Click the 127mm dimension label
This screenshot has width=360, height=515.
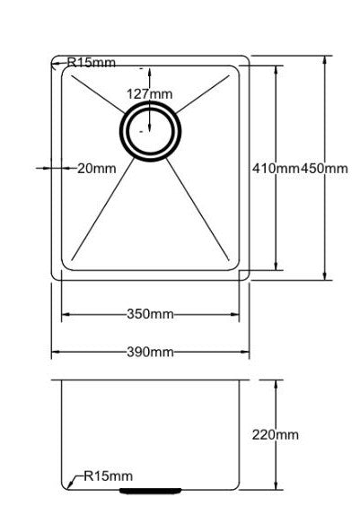tap(149, 94)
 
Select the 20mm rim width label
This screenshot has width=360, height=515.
tap(97, 168)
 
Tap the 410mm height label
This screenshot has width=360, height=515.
tap(276, 169)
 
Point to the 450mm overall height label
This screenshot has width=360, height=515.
tap(324, 169)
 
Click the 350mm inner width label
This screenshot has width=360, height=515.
tap(150, 315)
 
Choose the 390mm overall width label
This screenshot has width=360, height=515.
tap(150, 352)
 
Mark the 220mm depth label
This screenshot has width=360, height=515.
tap(276, 435)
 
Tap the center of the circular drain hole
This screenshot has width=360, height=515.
tap(150, 130)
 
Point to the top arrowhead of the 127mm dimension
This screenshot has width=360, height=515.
tap(150, 69)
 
